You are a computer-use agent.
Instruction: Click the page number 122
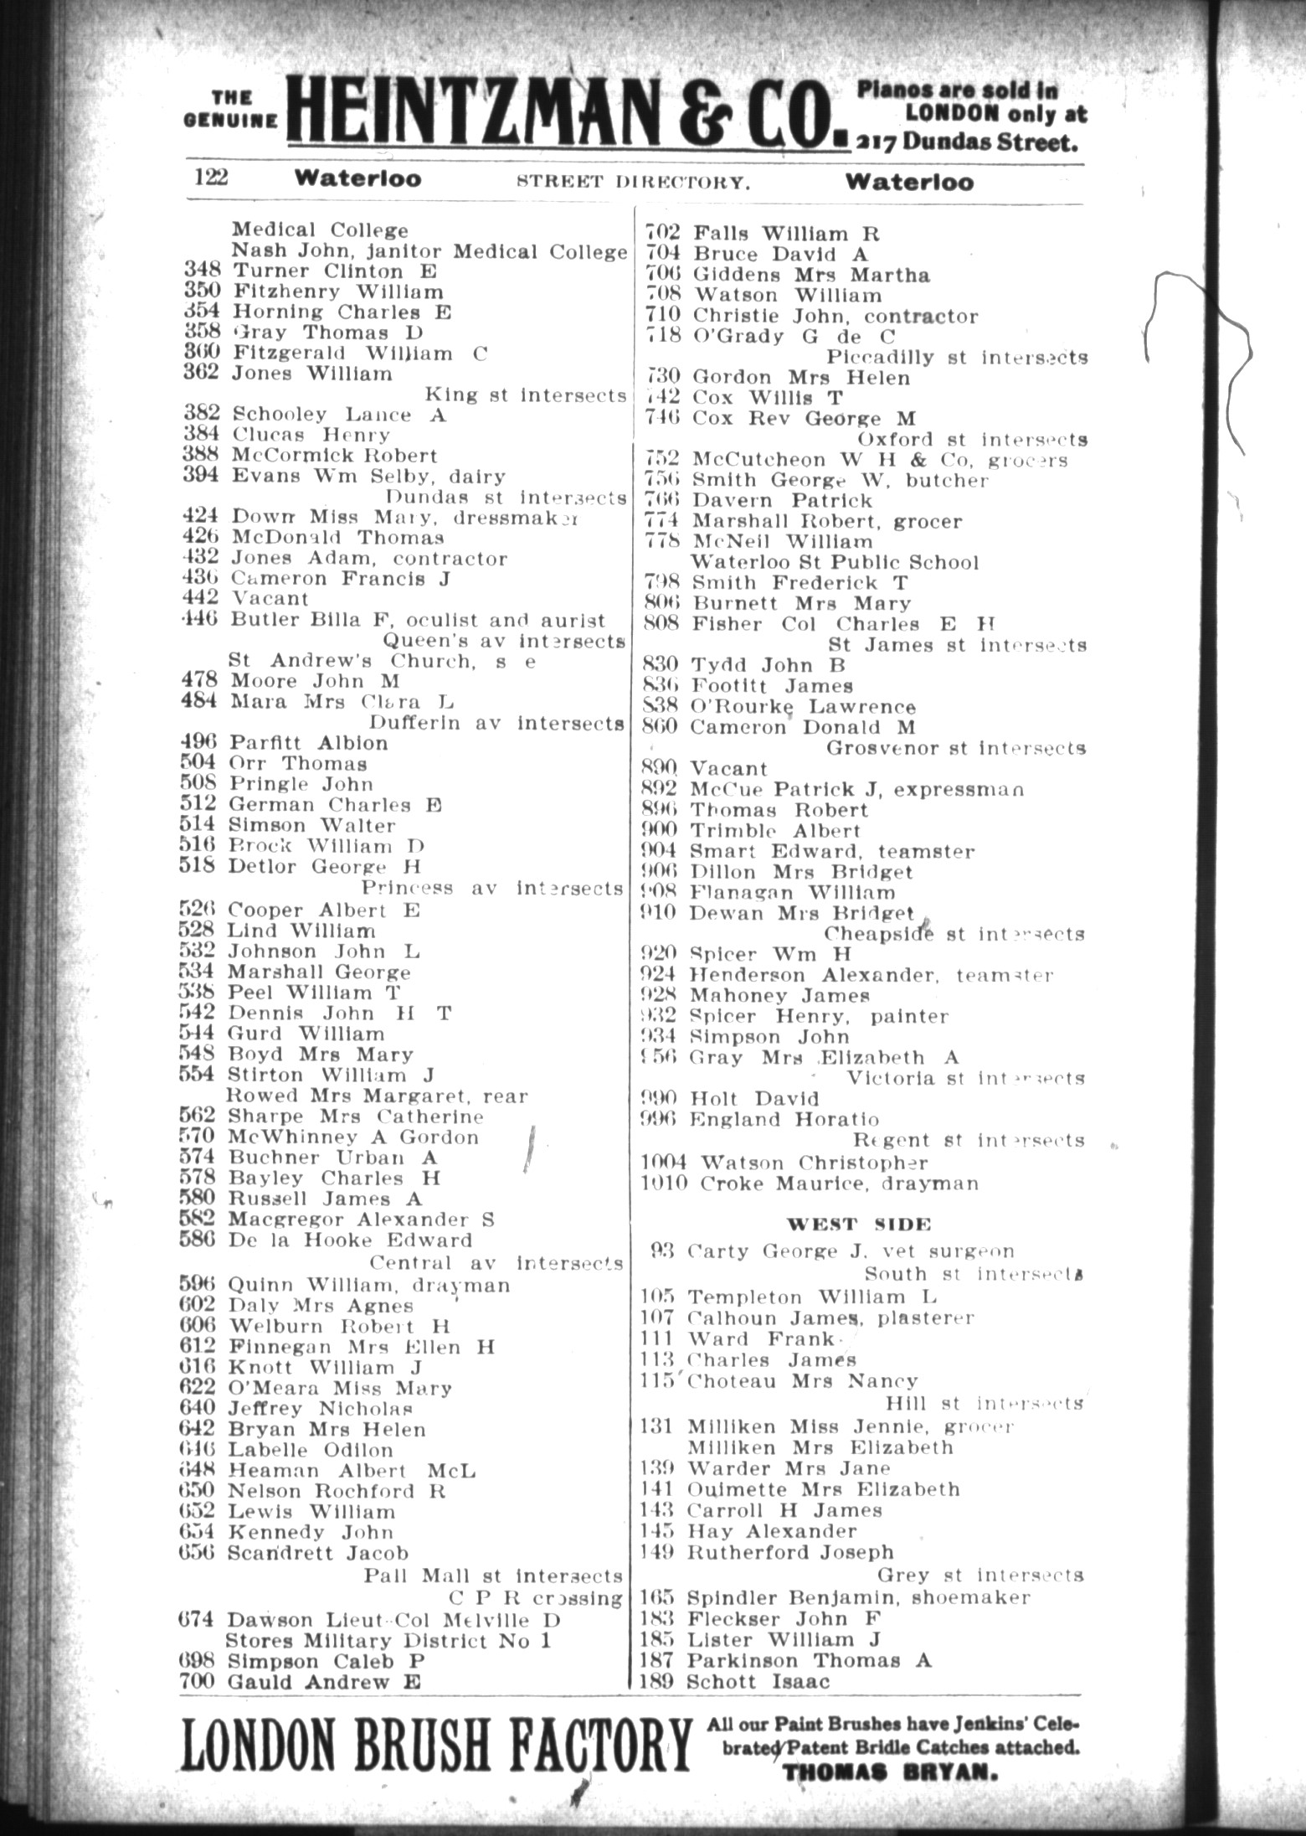211,178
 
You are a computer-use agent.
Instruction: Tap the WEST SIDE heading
860,1224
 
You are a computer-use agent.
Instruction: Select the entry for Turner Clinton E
334,271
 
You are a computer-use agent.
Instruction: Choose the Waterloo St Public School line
834,562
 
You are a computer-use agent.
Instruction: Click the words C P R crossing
537,1597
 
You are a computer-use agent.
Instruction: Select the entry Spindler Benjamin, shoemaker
858,1597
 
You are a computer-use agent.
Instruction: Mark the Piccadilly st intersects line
957,358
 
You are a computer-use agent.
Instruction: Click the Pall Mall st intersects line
493,1576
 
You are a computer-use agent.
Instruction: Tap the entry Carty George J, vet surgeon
850,1251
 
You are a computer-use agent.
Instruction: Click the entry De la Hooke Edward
350,1240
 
